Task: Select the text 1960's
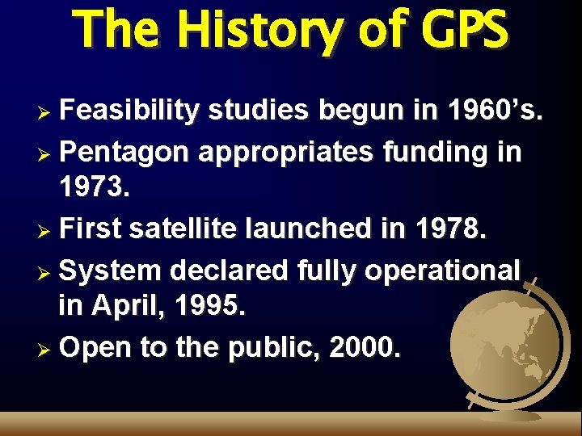[x=491, y=111]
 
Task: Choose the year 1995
[x=209, y=307]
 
